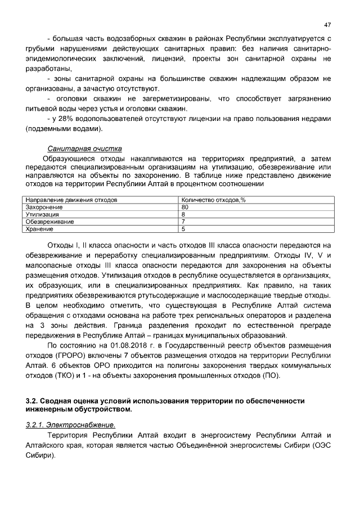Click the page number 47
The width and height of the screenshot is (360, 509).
pyautogui.click(x=327, y=25)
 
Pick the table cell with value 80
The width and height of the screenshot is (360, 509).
pyautogui.click(x=185, y=207)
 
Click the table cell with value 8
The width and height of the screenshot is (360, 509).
pyautogui.click(x=183, y=214)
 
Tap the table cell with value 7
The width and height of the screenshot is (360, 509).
pyautogui.click(x=183, y=222)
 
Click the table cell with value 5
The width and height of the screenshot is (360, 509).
pyautogui.click(x=183, y=229)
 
